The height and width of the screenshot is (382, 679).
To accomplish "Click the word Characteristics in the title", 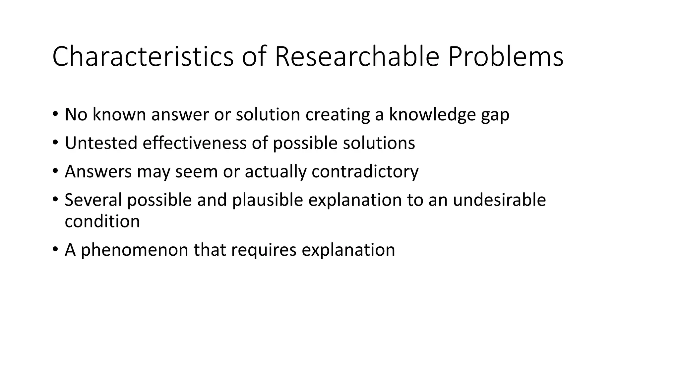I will click(x=143, y=57).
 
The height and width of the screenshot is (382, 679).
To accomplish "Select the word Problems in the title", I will click(x=506, y=57).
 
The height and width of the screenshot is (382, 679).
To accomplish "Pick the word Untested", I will click(x=101, y=143).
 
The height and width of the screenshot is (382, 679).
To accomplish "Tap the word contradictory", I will click(x=365, y=172).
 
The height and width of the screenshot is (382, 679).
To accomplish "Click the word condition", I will click(x=102, y=221).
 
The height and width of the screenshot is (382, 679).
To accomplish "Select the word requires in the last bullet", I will click(x=264, y=250).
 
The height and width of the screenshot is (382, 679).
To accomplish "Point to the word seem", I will click(x=196, y=172).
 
